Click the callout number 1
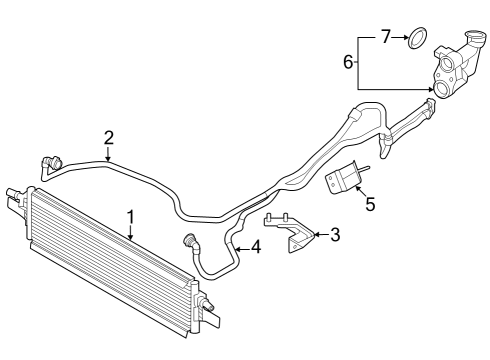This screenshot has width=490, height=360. [131, 216]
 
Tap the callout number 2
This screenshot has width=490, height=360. [108, 137]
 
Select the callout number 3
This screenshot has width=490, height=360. [334, 236]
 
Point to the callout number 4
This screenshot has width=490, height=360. [256, 246]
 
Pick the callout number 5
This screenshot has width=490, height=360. [370, 205]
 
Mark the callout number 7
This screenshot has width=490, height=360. [385, 37]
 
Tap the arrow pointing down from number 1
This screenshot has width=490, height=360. [131, 232]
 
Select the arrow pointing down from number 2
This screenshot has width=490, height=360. [108, 153]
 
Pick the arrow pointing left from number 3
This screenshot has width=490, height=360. [318, 236]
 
